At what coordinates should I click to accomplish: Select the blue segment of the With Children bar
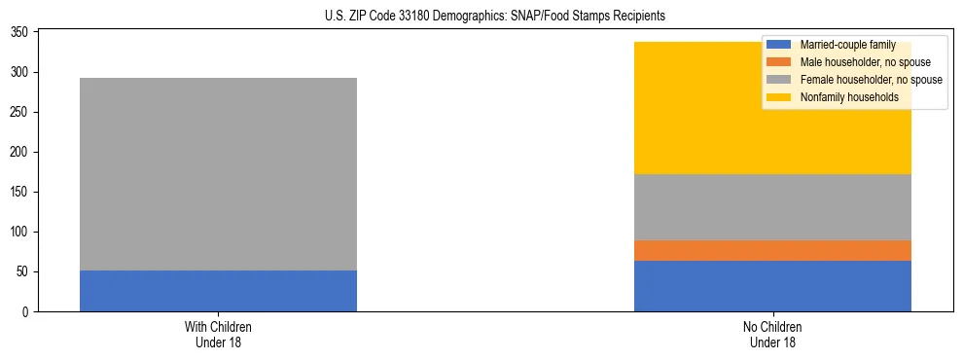tap(218, 291)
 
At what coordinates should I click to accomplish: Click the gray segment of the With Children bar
tap(218, 174)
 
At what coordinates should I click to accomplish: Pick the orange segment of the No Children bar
tap(772, 251)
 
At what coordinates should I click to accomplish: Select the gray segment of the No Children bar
tap(772, 207)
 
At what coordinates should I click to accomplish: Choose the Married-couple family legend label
tap(847, 45)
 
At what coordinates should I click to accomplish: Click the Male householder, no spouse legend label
tap(865, 62)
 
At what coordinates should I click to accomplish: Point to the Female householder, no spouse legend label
tap(871, 80)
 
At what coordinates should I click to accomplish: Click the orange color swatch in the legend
tap(779, 62)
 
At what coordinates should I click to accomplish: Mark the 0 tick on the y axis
tap(27, 312)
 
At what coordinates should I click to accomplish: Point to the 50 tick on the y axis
tap(24, 272)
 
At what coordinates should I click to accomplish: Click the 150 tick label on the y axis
tap(21, 193)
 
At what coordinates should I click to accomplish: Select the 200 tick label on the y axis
tap(21, 153)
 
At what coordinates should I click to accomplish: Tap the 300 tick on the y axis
tap(21, 73)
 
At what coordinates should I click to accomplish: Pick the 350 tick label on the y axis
tap(21, 33)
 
